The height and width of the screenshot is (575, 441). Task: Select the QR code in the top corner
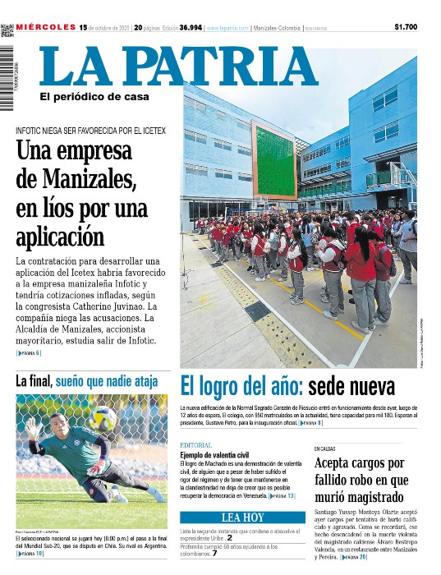click(7, 30)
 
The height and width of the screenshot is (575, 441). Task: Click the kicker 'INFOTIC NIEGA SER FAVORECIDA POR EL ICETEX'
click(90, 131)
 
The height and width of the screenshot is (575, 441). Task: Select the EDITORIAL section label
click(195, 445)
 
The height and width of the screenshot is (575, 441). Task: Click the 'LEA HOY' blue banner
click(242, 517)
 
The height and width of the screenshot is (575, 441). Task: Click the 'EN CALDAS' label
click(324, 448)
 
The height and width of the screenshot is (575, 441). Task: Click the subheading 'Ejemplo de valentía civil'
click(214, 454)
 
